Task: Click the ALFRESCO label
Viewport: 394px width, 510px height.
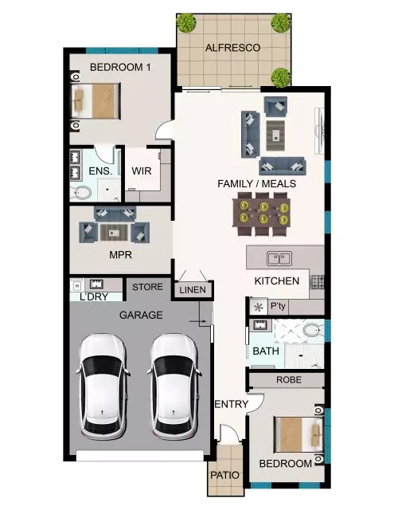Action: [232, 49]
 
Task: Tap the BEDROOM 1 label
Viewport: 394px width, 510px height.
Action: [120, 68]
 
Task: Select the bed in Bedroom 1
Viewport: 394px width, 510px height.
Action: [97, 101]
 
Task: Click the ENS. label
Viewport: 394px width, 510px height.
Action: [99, 171]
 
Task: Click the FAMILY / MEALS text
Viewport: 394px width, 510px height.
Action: [256, 184]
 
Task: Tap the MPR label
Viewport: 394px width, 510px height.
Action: [120, 256]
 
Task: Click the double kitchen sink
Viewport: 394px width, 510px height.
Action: [279, 258]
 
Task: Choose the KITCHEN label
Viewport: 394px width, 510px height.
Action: [276, 281]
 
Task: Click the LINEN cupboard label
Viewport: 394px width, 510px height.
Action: [193, 290]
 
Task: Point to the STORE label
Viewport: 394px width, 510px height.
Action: [147, 287]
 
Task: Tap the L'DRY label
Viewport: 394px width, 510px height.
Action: [94, 297]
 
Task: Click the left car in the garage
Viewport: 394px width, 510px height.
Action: [102, 385]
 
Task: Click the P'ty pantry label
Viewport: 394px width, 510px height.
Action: [278, 307]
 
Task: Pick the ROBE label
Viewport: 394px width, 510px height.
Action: [288, 380]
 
